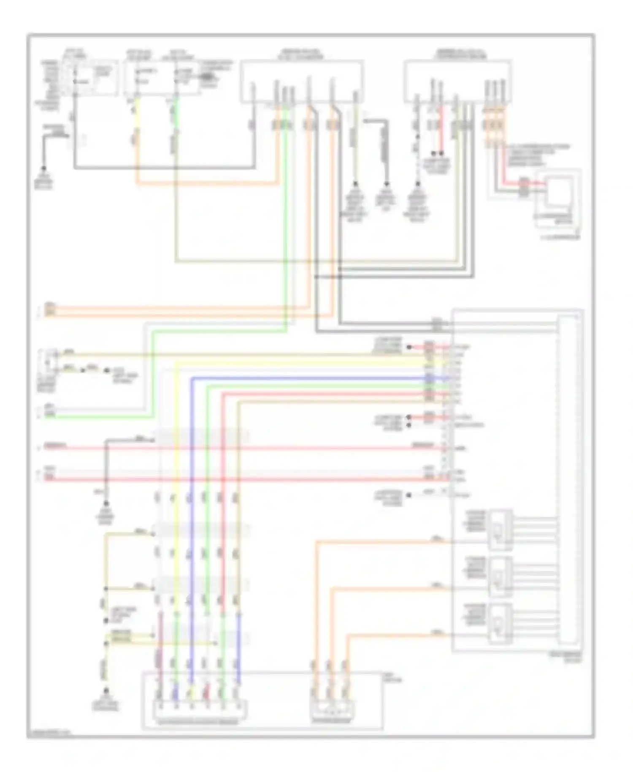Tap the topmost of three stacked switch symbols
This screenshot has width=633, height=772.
pyautogui.click(x=500, y=530)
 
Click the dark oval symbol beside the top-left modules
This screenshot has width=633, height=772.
pyautogui.click(x=207, y=77)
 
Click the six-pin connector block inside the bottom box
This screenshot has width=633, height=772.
pyautogui.click(x=200, y=709)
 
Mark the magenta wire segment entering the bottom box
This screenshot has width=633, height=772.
pyautogui.click(x=160, y=659)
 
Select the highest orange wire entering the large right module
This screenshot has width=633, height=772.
pyautogui.click(x=380, y=541)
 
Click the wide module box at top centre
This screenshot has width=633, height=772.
pyautogui.click(x=302, y=81)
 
